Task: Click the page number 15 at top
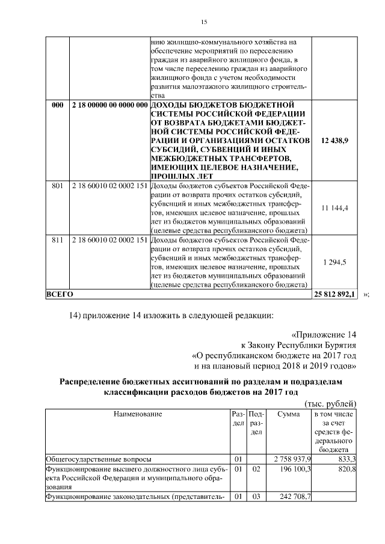203,22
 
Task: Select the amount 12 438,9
335,140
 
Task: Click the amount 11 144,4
336,207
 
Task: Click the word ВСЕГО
60,294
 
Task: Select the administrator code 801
58,183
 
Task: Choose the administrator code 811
58,239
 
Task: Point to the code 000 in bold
58,105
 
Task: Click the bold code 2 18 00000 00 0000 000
109,105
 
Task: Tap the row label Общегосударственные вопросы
99,459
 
